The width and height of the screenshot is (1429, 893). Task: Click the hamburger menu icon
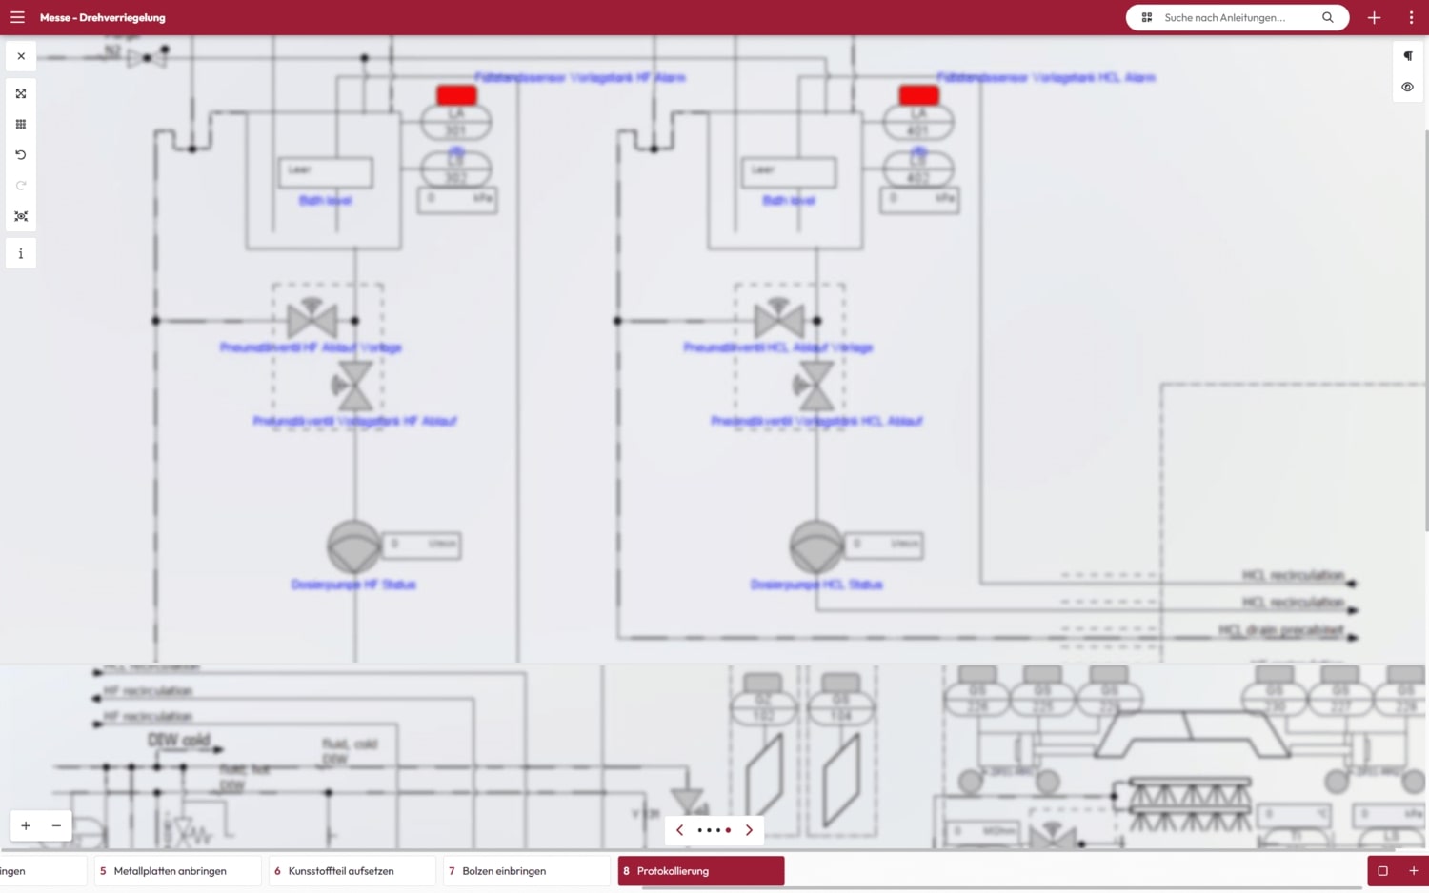click(x=17, y=17)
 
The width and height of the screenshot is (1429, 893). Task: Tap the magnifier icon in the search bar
click(x=1327, y=17)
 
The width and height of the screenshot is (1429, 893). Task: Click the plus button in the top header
click(x=1374, y=17)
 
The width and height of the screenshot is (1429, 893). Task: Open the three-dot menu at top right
click(x=1411, y=17)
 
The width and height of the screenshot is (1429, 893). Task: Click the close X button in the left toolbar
click(x=21, y=56)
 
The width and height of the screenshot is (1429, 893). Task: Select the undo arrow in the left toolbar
click(x=21, y=154)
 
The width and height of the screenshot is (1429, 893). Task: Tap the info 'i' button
click(x=21, y=253)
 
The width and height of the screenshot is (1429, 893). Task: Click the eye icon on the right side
click(x=1407, y=87)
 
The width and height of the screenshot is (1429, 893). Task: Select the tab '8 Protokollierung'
click(x=700, y=870)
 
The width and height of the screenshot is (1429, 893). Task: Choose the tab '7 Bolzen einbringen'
click(x=526, y=870)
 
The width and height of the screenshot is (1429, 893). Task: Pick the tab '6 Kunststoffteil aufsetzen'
click(x=352, y=870)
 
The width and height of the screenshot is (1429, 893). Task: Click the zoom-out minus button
click(x=56, y=825)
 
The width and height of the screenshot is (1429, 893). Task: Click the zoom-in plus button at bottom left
click(x=26, y=825)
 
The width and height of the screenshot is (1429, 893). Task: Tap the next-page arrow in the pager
click(x=749, y=830)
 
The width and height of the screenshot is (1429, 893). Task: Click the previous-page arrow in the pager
click(x=679, y=830)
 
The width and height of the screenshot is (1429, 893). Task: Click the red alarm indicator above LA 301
click(x=456, y=94)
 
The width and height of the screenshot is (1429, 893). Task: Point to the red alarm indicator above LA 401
click(x=918, y=94)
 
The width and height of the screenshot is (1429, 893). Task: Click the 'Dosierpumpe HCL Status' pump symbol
click(x=816, y=546)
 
